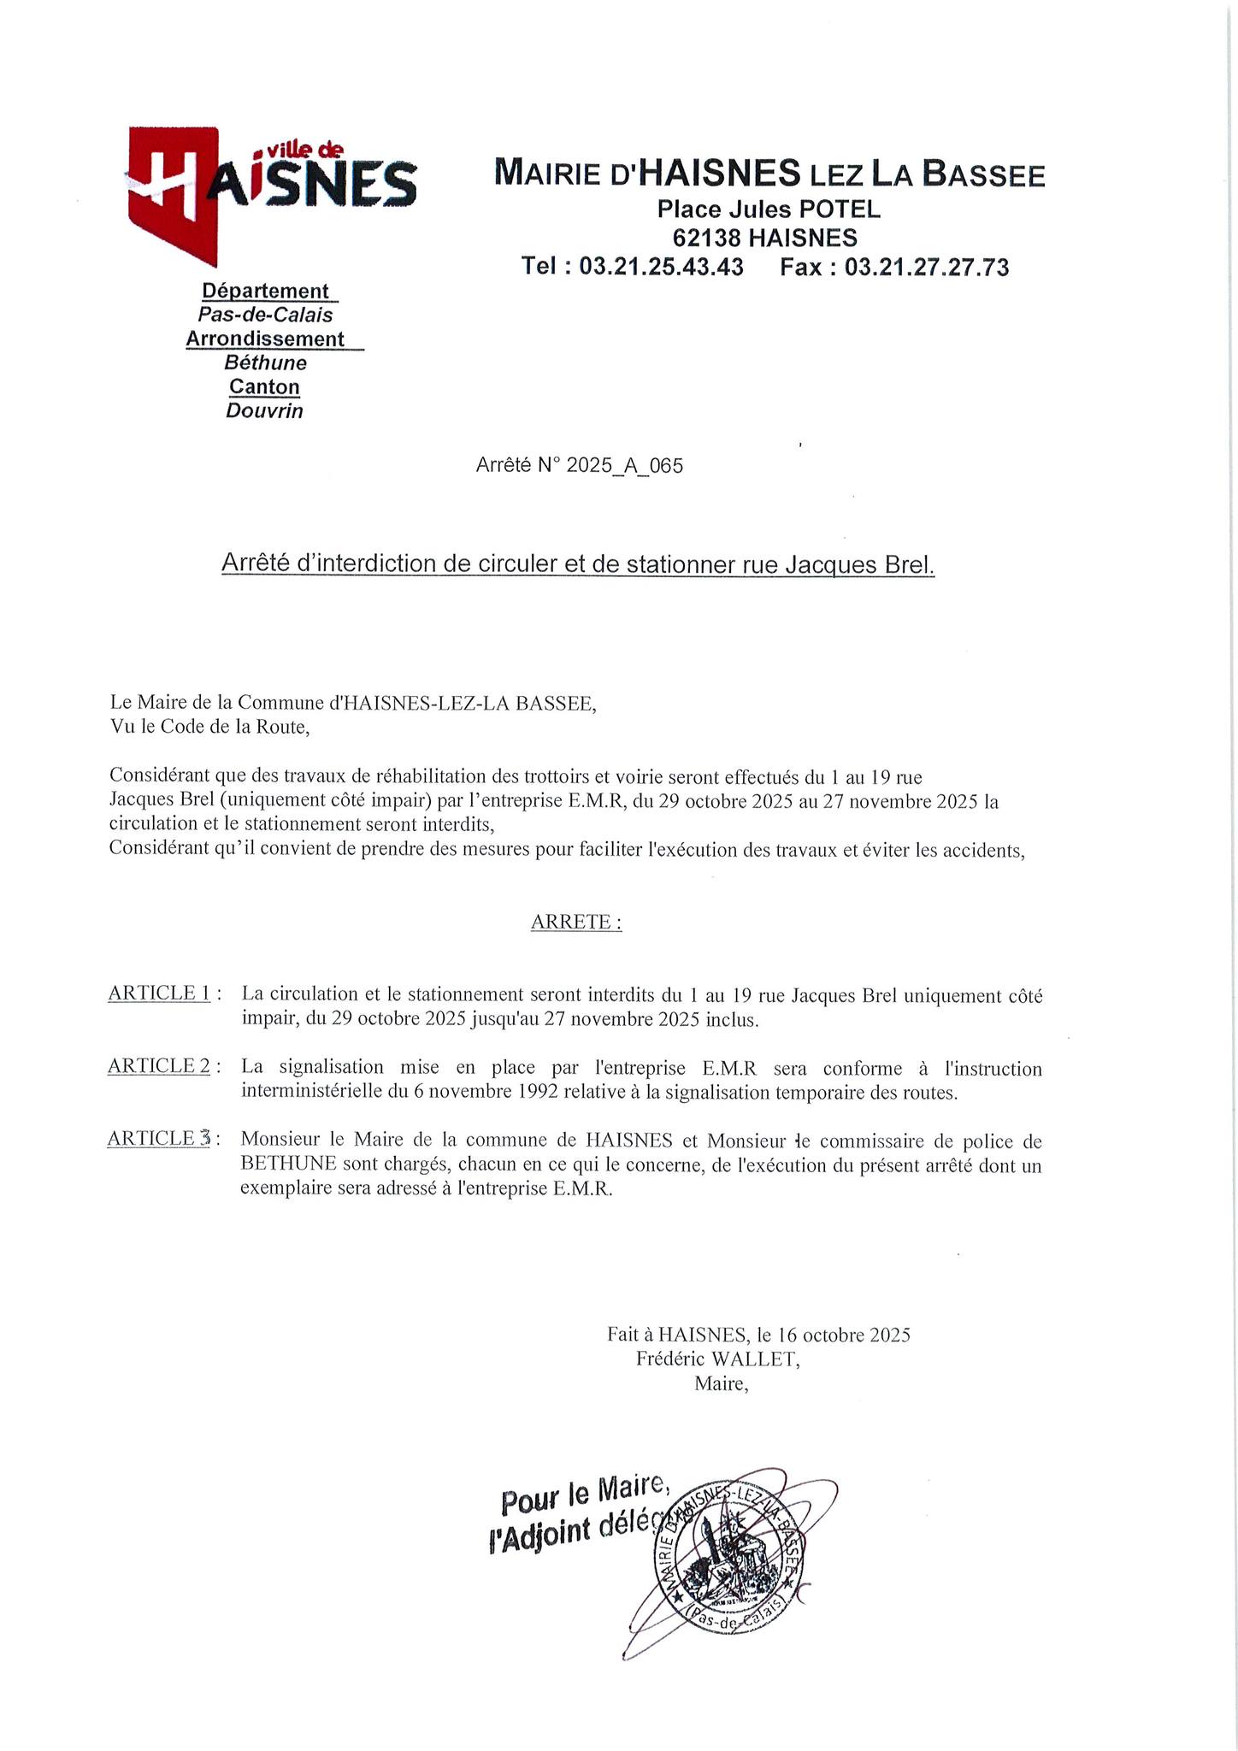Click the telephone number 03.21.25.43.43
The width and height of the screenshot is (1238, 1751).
661,267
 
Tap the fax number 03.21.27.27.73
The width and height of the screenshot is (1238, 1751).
927,267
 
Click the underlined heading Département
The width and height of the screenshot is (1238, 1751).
265,292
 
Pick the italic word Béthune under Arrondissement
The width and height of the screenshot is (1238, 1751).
265,363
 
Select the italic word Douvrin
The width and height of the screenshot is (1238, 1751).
264,411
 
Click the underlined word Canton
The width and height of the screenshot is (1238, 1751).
264,386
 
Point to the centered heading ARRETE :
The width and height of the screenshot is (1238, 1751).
576,922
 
